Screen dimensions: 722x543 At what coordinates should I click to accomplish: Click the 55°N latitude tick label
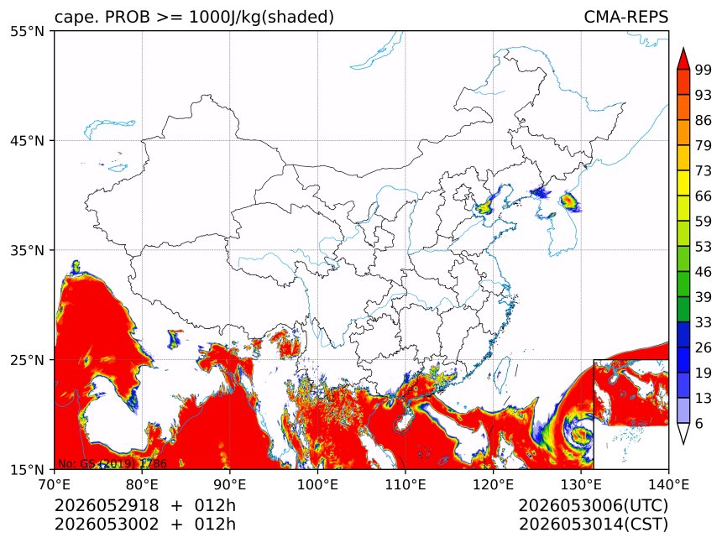(x=27, y=31)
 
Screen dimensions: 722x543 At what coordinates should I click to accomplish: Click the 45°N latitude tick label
(x=27, y=140)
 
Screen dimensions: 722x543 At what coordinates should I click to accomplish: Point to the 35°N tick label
(x=27, y=250)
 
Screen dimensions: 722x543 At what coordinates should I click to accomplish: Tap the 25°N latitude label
(x=27, y=360)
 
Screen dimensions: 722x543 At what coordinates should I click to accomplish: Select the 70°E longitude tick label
(x=55, y=484)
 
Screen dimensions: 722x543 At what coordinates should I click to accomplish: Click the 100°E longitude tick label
(x=317, y=484)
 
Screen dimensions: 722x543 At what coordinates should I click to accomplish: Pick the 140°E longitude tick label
(x=668, y=484)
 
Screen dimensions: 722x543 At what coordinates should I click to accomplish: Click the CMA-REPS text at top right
(x=625, y=17)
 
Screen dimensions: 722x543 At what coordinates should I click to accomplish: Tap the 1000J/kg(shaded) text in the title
(x=262, y=17)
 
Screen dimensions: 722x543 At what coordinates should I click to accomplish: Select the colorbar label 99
(x=703, y=70)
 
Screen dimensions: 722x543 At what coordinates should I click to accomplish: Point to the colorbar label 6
(x=699, y=423)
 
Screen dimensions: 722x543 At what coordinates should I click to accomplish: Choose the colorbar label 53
(x=703, y=247)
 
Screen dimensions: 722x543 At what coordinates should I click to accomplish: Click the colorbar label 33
(x=703, y=322)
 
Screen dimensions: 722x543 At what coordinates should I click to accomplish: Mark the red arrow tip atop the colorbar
(x=683, y=48)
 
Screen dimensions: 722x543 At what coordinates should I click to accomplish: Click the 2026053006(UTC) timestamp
(x=593, y=505)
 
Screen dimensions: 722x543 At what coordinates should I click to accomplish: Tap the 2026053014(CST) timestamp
(x=593, y=525)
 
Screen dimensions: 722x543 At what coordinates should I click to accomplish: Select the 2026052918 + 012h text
(x=145, y=505)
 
